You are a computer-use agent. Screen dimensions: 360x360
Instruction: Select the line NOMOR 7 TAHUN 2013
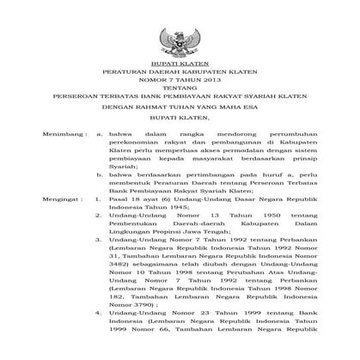click(x=180, y=83)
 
